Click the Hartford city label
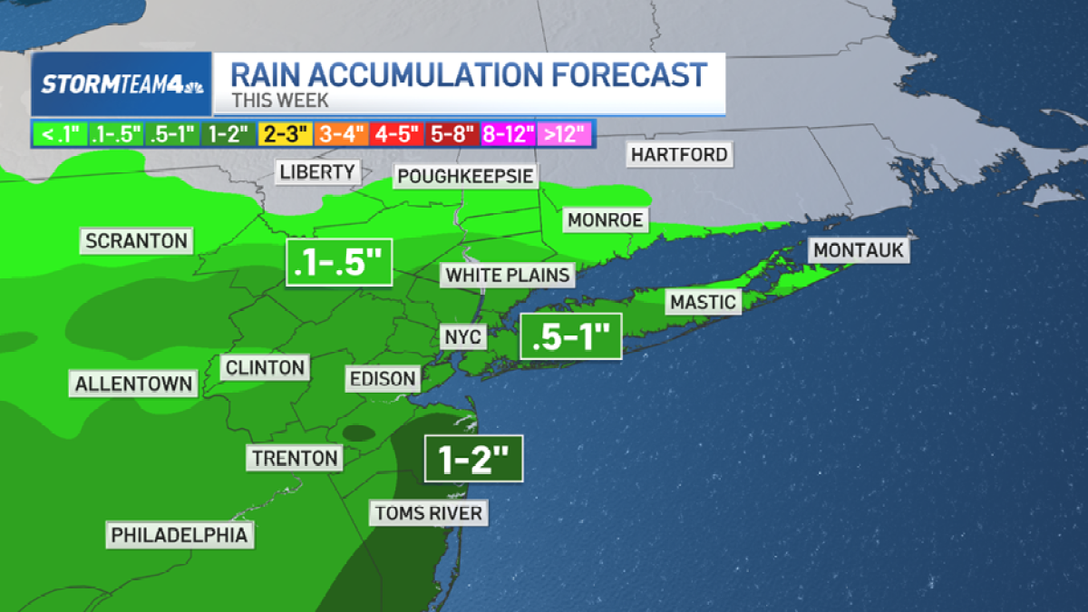pos(680,154)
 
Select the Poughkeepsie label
pos(463,175)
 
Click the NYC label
pos(463,337)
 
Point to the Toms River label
pos(429,513)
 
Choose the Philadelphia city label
pos(179,535)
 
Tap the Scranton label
pos(136,241)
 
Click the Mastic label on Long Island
pos(703,302)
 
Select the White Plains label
pos(508,275)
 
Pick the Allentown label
pos(133,384)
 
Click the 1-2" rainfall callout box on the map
pos(473,460)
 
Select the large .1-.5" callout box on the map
pos(338,263)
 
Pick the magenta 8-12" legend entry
pos(509,134)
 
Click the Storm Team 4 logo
pos(122,84)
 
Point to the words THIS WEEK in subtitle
pos(280,101)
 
